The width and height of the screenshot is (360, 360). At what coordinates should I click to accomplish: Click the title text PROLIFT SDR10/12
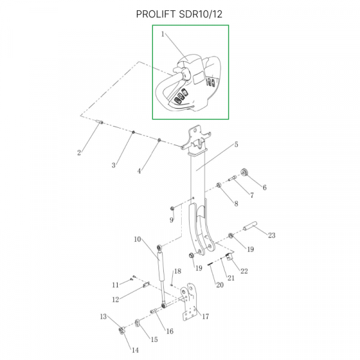click(179, 13)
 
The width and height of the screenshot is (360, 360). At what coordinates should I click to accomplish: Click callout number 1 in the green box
click(163, 35)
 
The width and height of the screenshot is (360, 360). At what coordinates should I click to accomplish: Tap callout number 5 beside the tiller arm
click(236, 145)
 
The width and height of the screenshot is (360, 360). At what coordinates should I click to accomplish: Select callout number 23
click(271, 235)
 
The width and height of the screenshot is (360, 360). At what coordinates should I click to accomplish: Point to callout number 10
click(137, 239)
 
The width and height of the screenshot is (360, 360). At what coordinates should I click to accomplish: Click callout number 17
click(205, 317)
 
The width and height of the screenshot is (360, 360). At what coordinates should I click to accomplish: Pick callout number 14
click(134, 350)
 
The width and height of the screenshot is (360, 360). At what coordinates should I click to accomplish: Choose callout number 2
click(79, 152)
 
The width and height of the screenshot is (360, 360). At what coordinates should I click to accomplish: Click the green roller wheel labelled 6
click(245, 174)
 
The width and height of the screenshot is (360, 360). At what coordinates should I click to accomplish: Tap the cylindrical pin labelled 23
click(250, 228)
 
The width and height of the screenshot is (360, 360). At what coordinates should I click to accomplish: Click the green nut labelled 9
click(173, 208)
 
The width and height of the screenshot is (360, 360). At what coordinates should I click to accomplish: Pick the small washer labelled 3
click(133, 133)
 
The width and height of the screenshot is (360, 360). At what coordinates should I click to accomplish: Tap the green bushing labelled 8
click(219, 186)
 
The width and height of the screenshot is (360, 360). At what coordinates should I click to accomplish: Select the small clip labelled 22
click(230, 259)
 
